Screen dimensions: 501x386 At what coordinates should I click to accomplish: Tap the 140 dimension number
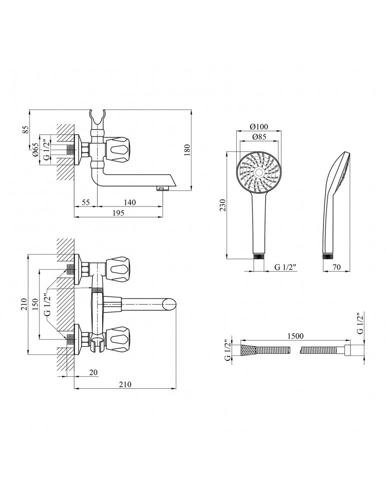[129, 202]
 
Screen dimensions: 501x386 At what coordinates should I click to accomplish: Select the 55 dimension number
[85, 202]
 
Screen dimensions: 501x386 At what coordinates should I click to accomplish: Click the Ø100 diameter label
[258, 126]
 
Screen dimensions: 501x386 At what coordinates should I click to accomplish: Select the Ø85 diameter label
[258, 137]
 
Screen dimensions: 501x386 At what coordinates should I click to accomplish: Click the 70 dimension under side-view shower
[336, 268]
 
